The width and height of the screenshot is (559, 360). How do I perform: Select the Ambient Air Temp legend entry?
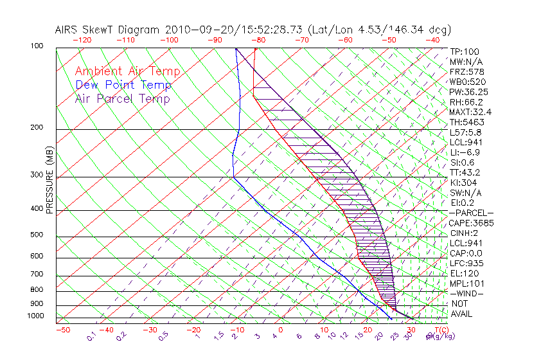127,71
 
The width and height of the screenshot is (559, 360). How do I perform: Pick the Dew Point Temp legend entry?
123,85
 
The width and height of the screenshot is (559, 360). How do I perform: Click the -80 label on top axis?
258,40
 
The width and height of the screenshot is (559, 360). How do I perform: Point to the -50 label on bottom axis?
62,330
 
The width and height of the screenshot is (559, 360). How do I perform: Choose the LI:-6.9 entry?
464,152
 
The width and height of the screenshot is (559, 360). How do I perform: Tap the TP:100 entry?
464,52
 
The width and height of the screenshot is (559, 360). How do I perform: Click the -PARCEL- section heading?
471,213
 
